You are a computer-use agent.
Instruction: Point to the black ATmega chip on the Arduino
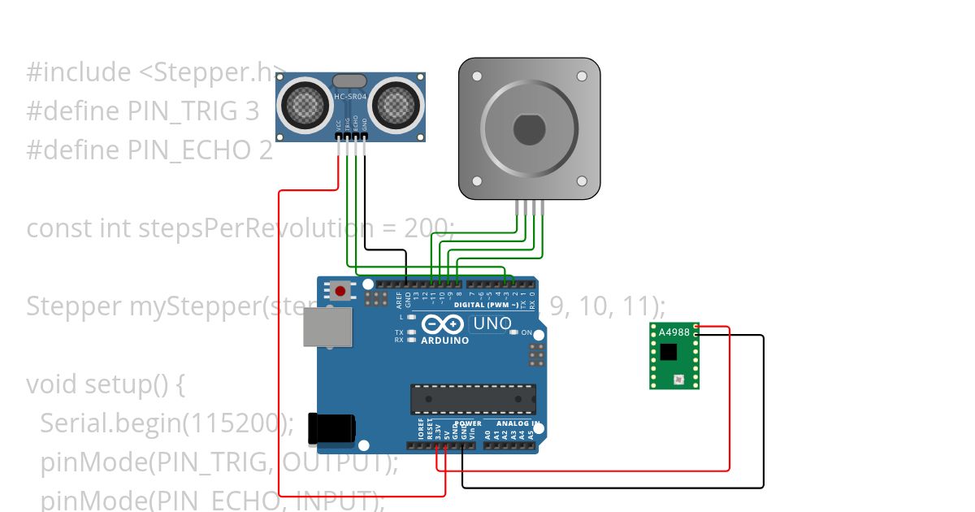click(x=473, y=398)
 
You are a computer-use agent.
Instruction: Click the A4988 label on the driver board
click(x=674, y=332)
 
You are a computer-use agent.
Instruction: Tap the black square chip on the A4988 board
click(x=668, y=351)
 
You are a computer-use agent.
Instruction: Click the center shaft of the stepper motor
click(x=530, y=128)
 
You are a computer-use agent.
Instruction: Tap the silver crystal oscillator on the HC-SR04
click(x=350, y=80)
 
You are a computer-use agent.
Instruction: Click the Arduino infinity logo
click(x=444, y=325)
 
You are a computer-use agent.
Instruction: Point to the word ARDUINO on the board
click(x=444, y=341)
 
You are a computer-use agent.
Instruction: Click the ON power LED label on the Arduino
click(x=526, y=332)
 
